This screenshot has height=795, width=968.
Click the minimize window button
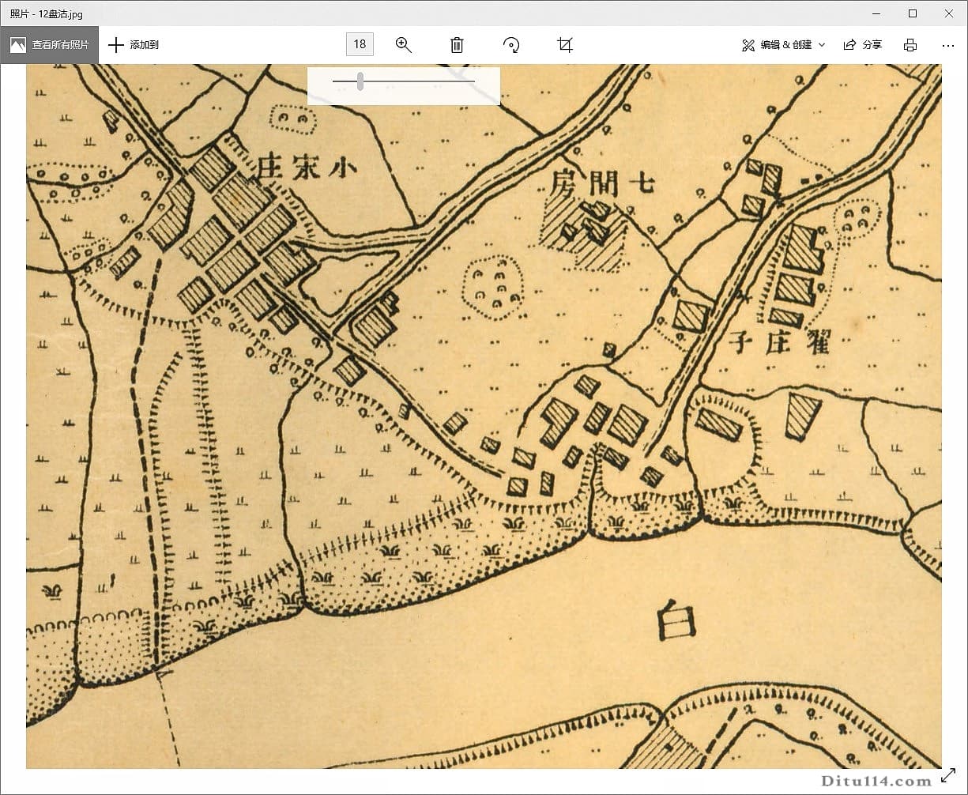876,13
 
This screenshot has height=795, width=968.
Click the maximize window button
913,13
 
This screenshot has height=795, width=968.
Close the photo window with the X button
949,13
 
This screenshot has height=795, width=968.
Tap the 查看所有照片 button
49,45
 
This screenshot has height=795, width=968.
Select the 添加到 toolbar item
134,45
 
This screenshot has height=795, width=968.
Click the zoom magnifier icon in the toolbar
404,45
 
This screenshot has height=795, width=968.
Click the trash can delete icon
457,45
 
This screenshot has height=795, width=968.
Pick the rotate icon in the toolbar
511,45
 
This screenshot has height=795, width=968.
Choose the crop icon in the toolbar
564,45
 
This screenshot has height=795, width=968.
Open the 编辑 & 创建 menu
783,45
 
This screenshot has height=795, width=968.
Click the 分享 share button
862,45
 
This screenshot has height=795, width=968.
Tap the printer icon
910,45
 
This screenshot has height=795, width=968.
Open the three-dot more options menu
948,45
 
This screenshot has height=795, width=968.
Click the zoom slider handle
360,81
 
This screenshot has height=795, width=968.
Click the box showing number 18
360,44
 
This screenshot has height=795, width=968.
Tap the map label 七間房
604,183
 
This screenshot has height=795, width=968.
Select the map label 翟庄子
779,342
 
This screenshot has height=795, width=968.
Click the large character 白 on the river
676,619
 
